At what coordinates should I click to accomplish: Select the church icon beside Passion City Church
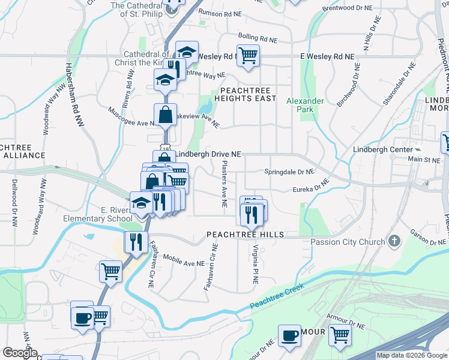tap(394, 241)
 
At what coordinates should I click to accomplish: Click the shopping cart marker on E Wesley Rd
tap(248, 55)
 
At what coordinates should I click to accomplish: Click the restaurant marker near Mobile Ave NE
tap(136, 241)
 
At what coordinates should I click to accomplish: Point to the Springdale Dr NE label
tap(289, 172)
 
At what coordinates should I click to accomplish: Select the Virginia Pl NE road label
tap(256, 263)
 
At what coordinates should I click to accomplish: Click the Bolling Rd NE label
tap(258, 38)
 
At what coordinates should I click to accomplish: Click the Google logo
tap(19, 353)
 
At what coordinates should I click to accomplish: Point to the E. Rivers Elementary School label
tap(100, 214)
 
